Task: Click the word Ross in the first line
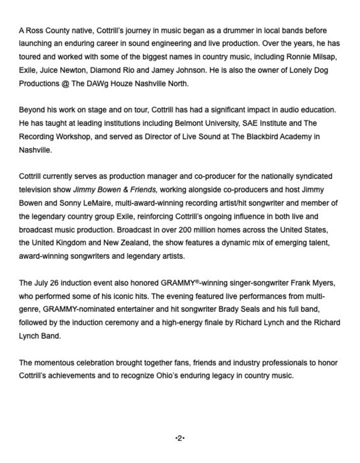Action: click(x=34, y=30)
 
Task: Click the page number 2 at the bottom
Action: click(x=180, y=438)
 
